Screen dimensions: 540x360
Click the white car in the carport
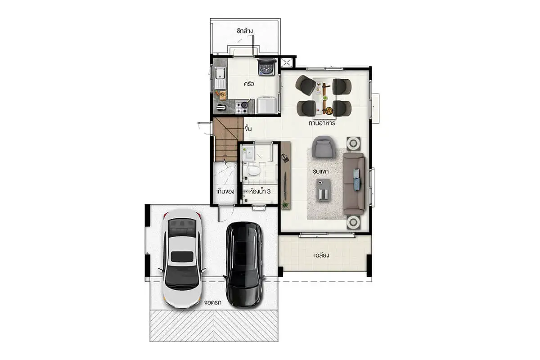tap(182, 258)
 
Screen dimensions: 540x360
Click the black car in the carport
tap(244, 265)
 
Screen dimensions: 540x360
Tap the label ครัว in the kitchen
tap(248, 84)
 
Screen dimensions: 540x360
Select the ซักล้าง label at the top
tap(244, 31)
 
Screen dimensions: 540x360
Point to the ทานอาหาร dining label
tap(322, 123)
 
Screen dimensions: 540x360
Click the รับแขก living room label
tap(320, 171)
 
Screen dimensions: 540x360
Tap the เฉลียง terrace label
tap(321, 255)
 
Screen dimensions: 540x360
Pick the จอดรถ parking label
tap(212, 302)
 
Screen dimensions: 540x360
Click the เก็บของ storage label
tap(225, 192)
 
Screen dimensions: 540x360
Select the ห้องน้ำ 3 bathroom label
tap(260, 191)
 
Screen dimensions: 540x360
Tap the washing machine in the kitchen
tap(266, 67)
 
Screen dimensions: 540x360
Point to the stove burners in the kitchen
tap(242, 107)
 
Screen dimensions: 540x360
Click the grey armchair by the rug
tap(324, 147)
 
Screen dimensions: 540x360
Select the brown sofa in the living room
tap(354, 184)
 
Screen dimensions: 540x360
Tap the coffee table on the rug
tap(323, 189)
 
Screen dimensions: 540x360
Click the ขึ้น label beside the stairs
tap(248, 129)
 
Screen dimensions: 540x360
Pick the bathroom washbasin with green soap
tap(248, 153)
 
